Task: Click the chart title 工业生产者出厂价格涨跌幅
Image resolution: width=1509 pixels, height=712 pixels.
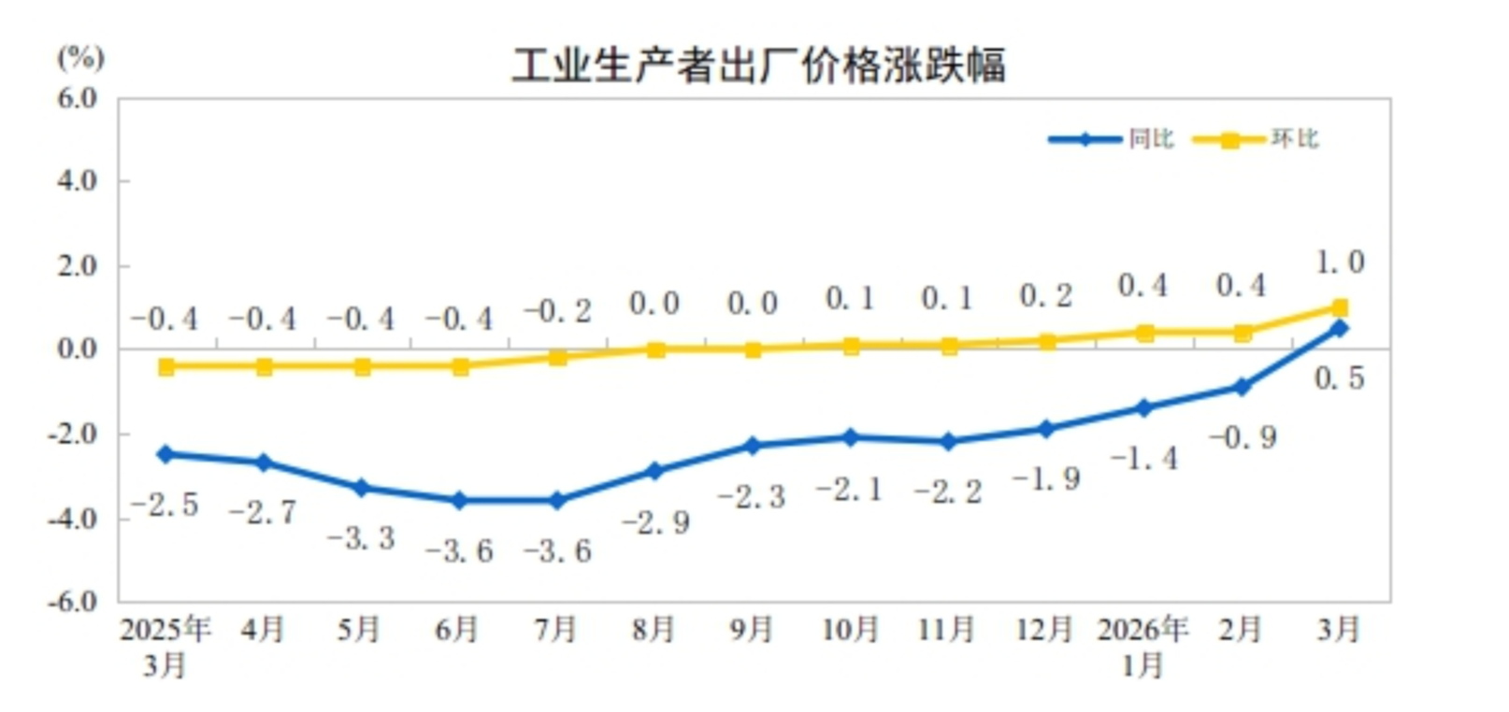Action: pyautogui.click(x=758, y=65)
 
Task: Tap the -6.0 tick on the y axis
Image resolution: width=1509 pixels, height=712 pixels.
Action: pyautogui.click(x=74, y=601)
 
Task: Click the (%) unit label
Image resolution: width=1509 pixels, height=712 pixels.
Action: pyautogui.click(x=81, y=58)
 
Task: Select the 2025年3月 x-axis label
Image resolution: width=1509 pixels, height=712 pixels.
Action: pyautogui.click(x=165, y=646)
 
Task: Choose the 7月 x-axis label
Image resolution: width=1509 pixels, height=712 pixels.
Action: pyautogui.click(x=555, y=630)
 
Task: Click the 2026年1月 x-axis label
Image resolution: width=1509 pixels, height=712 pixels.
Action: pyautogui.click(x=1143, y=646)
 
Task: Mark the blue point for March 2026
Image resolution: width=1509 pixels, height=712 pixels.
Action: pyautogui.click(x=1339, y=328)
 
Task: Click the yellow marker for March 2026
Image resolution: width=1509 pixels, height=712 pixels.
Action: pyautogui.click(x=1339, y=307)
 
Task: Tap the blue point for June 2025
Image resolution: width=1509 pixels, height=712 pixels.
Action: pyautogui.click(x=459, y=501)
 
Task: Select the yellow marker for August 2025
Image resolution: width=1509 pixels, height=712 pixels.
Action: pyautogui.click(x=655, y=349)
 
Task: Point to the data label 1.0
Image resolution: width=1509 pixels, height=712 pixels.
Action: pyautogui.click(x=1340, y=263)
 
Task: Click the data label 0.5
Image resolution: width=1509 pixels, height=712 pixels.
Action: pyautogui.click(x=1339, y=378)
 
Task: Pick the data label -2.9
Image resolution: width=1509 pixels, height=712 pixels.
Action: pyautogui.click(x=656, y=522)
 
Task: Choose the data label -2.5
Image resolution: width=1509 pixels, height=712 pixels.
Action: pyautogui.click(x=165, y=506)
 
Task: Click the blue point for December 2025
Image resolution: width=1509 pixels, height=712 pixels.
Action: pyautogui.click(x=1046, y=429)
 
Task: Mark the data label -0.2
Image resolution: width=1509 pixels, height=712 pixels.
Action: pyautogui.click(x=558, y=311)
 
